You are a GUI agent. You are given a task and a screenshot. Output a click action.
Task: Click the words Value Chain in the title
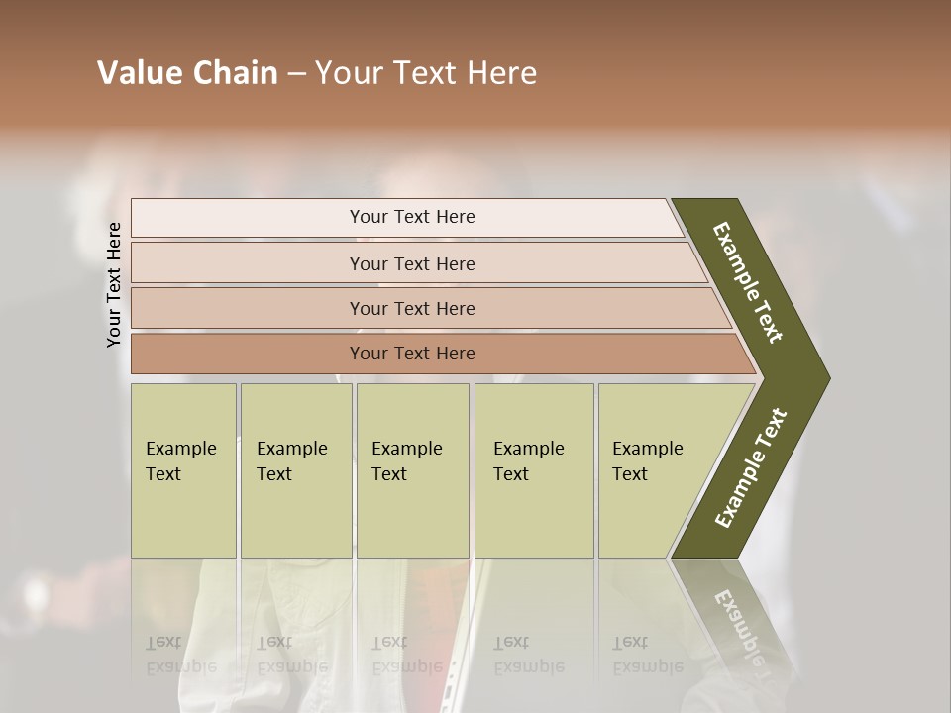(x=187, y=73)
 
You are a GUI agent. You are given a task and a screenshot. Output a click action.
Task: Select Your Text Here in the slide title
(x=426, y=73)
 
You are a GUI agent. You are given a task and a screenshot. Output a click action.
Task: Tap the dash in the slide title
(x=296, y=74)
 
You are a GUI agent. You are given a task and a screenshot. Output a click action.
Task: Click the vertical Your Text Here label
(x=114, y=284)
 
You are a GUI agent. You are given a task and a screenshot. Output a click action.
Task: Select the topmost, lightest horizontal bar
(x=412, y=217)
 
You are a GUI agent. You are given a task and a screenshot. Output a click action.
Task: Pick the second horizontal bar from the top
(x=412, y=263)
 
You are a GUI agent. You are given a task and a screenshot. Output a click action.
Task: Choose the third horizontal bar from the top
(x=412, y=308)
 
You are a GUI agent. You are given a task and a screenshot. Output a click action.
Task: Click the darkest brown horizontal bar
(x=412, y=354)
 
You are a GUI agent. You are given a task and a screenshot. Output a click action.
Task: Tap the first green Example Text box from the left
(x=183, y=470)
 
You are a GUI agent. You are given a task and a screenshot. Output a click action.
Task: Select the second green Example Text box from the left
(x=295, y=470)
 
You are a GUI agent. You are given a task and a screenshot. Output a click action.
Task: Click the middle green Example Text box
(x=412, y=470)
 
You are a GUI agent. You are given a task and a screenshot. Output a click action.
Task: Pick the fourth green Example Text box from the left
(x=533, y=470)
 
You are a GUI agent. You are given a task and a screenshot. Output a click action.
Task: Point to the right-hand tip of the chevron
(x=826, y=377)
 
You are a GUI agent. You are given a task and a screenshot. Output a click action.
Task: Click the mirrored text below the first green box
(x=180, y=655)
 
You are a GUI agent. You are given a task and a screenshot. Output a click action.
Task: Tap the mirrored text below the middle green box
(x=406, y=655)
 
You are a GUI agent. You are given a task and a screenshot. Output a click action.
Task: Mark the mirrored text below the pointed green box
(x=647, y=655)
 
